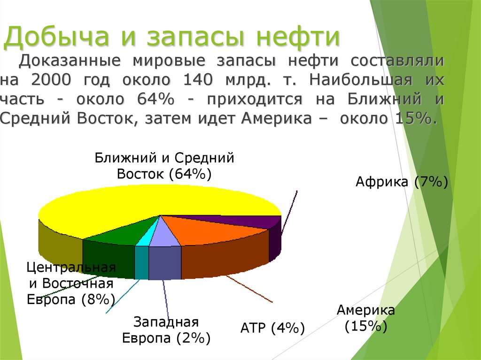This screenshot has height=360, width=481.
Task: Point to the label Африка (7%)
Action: click(x=402, y=182)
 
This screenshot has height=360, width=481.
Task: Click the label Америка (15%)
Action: click(x=366, y=318)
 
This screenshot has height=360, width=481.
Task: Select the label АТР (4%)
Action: click(x=272, y=328)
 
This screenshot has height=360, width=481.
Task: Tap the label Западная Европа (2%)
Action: click(x=166, y=330)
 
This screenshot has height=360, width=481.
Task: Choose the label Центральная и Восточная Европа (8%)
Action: click(x=71, y=283)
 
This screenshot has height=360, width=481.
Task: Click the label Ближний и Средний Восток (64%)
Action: click(x=164, y=166)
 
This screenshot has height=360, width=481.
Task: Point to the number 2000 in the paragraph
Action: click(x=51, y=80)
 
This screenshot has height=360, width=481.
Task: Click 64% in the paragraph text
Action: click(x=157, y=99)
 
